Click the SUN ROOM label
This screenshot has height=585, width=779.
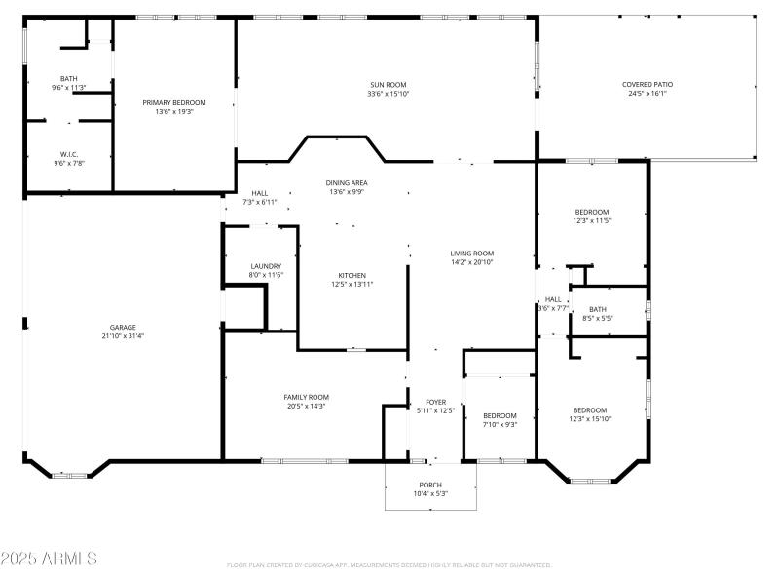(x=387, y=85)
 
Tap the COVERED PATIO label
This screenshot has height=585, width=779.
(x=648, y=85)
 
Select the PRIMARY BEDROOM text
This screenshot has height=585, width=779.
(x=174, y=102)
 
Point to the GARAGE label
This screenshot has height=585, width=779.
(x=122, y=327)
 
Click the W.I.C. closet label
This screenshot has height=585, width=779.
(x=68, y=153)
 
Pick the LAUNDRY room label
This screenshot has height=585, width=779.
(x=266, y=266)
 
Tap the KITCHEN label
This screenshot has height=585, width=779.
(x=352, y=275)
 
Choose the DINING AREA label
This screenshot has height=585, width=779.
(x=346, y=182)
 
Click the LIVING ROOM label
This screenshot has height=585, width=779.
(x=471, y=253)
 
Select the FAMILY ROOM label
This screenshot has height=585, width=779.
(x=306, y=397)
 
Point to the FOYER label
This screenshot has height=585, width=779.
(x=435, y=402)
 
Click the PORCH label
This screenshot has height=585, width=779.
(x=430, y=485)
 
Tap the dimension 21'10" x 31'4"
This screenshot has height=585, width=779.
(x=122, y=336)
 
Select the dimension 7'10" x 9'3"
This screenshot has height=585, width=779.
(x=500, y=424)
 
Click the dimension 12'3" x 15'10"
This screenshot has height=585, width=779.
(x=590, y=419)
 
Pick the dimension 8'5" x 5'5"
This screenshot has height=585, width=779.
(x=597, y=318)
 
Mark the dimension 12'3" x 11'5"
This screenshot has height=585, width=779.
(x=591, y=221)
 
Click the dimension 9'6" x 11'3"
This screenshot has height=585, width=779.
(x=69, y=88)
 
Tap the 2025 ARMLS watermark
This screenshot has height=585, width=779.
(x=49, y=559)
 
